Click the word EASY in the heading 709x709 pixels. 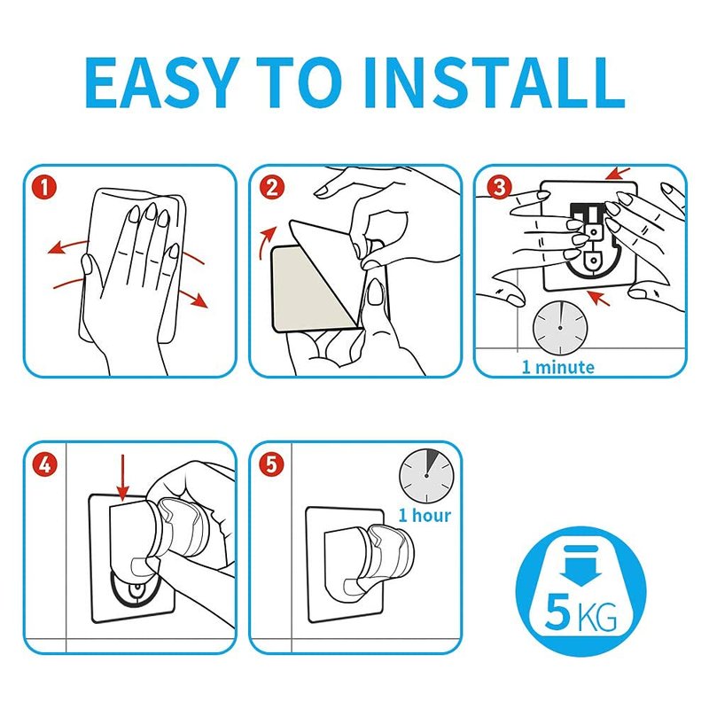point(161,82)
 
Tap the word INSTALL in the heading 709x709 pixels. point(495,82)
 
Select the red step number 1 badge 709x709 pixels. point(44,187)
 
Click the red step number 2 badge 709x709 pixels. point(272,187)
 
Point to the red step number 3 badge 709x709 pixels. point(499,187)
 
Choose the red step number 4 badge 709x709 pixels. point(44,464)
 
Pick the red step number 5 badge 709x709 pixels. point(271,464)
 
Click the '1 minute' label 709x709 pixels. point(558,367)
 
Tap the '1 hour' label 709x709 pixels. point(425,515)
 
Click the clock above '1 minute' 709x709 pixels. point(560,327)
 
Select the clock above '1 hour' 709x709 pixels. point(426,476)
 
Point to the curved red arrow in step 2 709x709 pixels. point(266,243)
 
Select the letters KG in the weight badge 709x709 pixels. point(596,617)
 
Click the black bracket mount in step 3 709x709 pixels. point(591,239)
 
